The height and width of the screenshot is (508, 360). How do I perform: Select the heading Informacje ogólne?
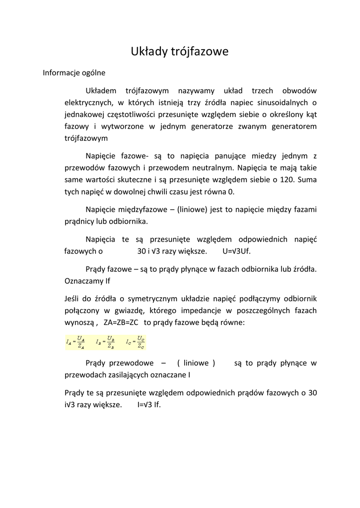(x=74, y=72)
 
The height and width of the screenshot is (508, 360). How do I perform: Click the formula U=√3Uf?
(x=237, y=251)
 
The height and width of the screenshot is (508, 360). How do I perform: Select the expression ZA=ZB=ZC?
(x=121, y=322)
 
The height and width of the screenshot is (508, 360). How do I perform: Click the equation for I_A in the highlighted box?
(x=76, y=342)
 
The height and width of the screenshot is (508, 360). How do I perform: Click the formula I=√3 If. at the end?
(x=149, y=405)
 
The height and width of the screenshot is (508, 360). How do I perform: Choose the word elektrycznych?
(x=89, y=103)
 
